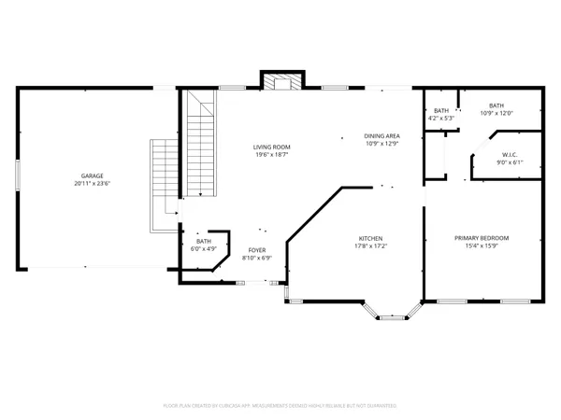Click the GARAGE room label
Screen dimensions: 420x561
(92, 176)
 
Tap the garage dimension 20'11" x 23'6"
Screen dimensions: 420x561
(92, 184)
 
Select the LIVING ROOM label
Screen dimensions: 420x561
(272, 147)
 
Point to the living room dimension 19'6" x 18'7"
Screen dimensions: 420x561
(272, 155)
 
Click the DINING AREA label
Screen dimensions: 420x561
(381, 136)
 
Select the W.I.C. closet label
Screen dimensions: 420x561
(510, 155)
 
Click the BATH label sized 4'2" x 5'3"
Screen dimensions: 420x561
(440, 111)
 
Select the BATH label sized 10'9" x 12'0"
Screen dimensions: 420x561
(496, 105)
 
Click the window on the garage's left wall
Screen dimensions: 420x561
(18, 176)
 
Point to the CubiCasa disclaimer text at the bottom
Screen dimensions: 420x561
(280, 406)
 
